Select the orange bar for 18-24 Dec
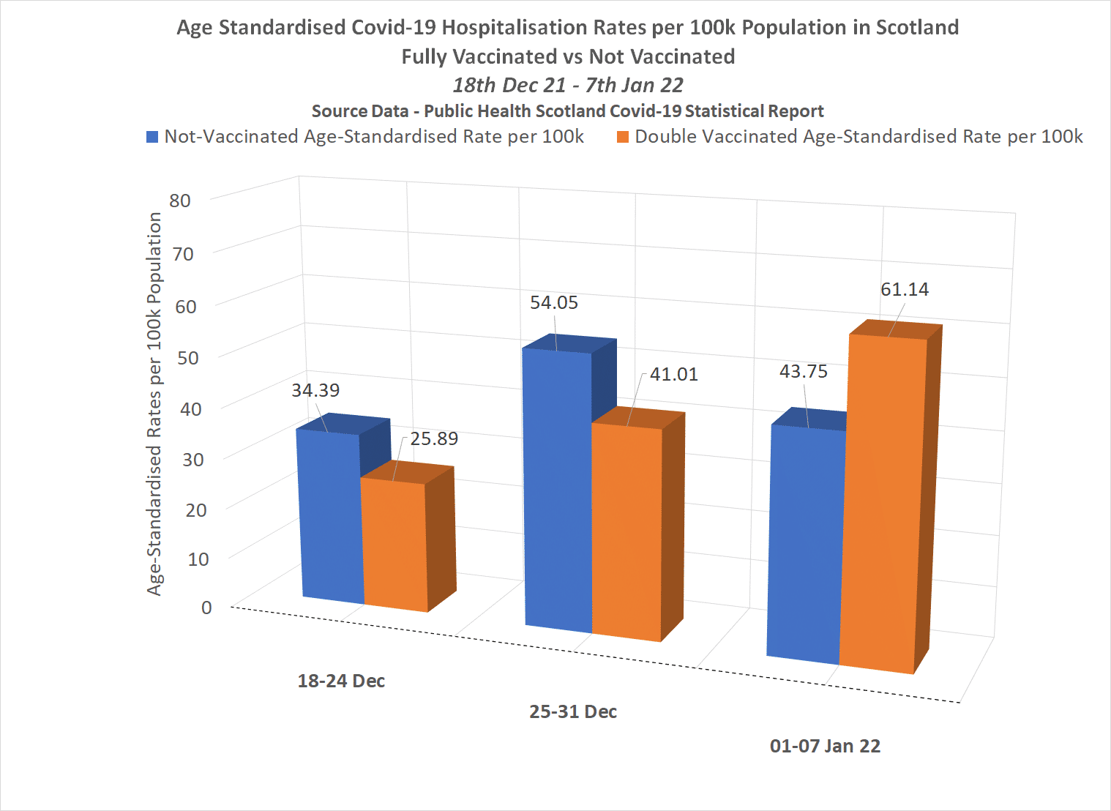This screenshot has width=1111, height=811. coord(394,545)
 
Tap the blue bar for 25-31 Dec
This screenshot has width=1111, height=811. coord(558,490)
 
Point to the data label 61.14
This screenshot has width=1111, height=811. coord(905,290)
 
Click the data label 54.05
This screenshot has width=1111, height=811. coord(554,303)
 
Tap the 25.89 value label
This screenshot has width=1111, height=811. coord(434,439)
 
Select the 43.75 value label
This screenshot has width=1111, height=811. coord(804,372)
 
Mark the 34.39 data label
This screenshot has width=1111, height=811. coord(315,391)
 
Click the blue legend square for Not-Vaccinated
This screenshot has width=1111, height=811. coord(153,137)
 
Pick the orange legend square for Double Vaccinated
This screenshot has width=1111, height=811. coord(623,137)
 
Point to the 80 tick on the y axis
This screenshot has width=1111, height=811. coord(180,201)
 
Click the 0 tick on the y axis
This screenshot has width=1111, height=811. coord(206,608)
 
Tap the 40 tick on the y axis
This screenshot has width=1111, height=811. coord(191,408)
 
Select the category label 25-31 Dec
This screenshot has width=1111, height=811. coord(573,712)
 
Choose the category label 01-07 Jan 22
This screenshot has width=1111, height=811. coord(825,747)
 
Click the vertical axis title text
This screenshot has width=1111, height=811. coord(154,404)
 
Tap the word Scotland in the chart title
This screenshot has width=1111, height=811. coord(917,28)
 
